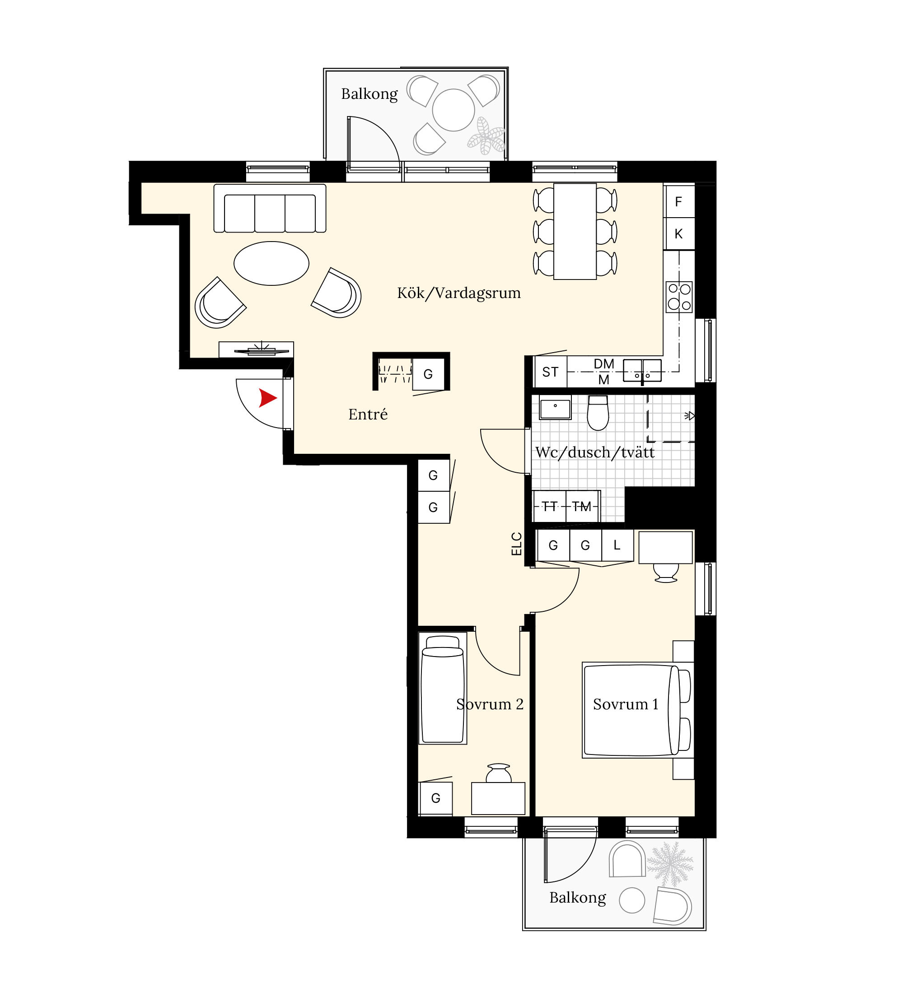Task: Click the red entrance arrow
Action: click(267, 398)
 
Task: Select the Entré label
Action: click(368, 414)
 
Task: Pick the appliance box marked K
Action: click(678, 234)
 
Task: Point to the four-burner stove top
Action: click(679, 297)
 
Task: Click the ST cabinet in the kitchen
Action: click(550, 372)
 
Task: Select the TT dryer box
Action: click(550, 506)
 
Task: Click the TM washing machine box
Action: click(583, 506)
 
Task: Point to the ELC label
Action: click(516, 544)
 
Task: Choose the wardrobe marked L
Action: click(617, 545)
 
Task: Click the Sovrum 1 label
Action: click(626, 704)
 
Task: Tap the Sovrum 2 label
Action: click(490, 704)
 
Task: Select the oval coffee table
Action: click(271, 263)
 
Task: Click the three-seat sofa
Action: click(270, 208)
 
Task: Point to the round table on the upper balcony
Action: click(453, 110)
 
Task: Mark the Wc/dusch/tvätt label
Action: click(595, 452)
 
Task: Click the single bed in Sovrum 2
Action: click(443, 689)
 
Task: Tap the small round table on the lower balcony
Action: click(631, 900)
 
